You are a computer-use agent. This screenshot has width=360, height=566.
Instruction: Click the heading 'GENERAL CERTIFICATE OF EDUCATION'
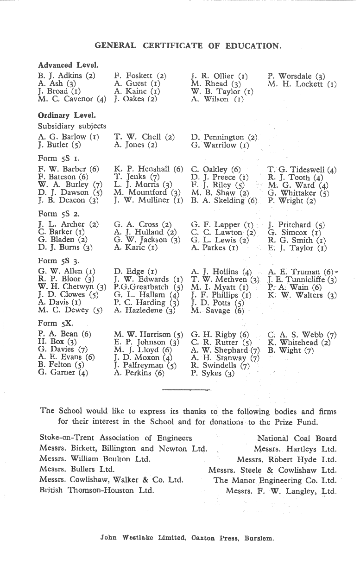click(x=188, y=45)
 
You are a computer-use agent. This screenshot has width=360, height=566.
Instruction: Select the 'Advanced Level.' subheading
click(x=68, y=65)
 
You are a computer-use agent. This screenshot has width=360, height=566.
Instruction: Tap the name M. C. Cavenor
click(x=67, y=99)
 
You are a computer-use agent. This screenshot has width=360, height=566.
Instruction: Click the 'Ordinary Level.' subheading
click(x=67, y=115)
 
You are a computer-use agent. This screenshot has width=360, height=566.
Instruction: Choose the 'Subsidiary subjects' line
click(x=72, y=126)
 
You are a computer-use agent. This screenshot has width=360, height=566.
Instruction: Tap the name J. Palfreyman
click(x=140, y=365)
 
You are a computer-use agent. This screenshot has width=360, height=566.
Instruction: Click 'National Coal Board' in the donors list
click(x=297, y=438)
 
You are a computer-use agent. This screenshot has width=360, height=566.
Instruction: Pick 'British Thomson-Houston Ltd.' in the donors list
click(x=96, y=490)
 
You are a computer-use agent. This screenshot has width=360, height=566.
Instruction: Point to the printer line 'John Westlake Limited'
click(x=143, y=538)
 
